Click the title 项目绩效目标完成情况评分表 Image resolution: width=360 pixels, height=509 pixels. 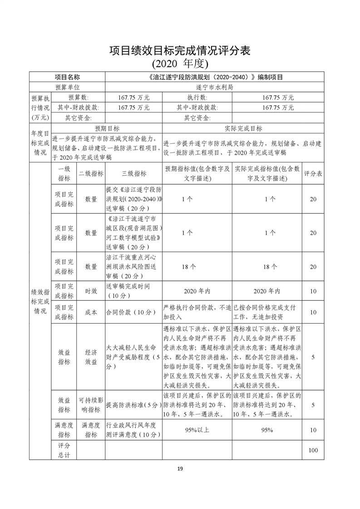click(x=180, y=50)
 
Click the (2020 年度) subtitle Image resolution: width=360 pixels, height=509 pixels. click(x=180, y=63)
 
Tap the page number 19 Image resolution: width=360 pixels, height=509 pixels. click(x=180, y=468)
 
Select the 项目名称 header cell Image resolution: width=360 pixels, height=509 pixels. click(x=67, y=77)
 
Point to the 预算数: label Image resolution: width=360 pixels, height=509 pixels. click(x=79, y=97)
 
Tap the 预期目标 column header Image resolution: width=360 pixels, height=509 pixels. click(x=107, y=129)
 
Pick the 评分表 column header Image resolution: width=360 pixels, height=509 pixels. click(x=313, y=173)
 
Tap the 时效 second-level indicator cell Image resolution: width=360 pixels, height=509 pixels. click(x=91, y=291)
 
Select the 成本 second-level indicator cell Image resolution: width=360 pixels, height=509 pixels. click(x=91, y=312)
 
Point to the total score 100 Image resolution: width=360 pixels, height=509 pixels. click(x=313, y=450)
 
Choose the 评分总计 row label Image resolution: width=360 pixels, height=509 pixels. click(x=64, y=450)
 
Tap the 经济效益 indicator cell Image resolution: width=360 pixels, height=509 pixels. click(x=91, y=357)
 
